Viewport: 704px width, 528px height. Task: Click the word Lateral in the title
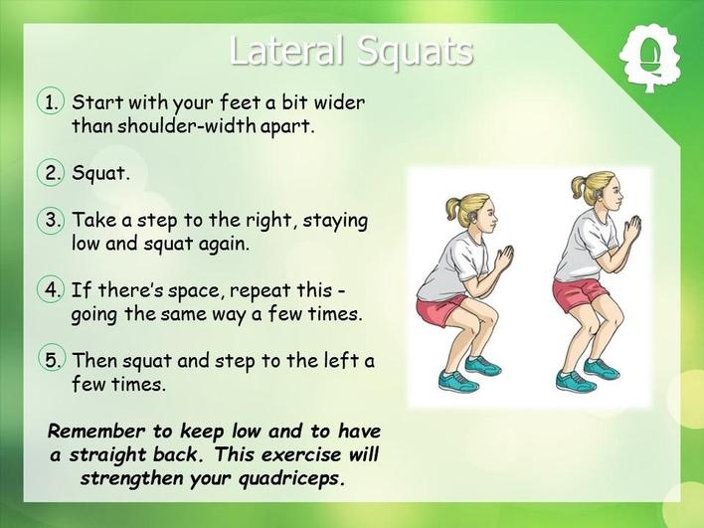point(287,51)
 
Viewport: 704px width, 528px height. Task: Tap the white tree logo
point(649,58)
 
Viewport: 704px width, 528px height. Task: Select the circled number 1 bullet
point(51,101)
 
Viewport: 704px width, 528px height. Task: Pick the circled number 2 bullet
point(51,172)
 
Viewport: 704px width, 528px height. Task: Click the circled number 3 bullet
point(51,220)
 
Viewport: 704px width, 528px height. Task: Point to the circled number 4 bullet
point(51,290)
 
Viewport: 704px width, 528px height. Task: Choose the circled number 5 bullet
point(51,360)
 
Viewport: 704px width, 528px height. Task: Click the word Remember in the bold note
point(96,431)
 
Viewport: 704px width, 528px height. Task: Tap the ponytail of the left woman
point(454,208)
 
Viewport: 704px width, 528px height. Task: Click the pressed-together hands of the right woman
point(633,229)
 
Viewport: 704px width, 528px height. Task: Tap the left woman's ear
point(472,217)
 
